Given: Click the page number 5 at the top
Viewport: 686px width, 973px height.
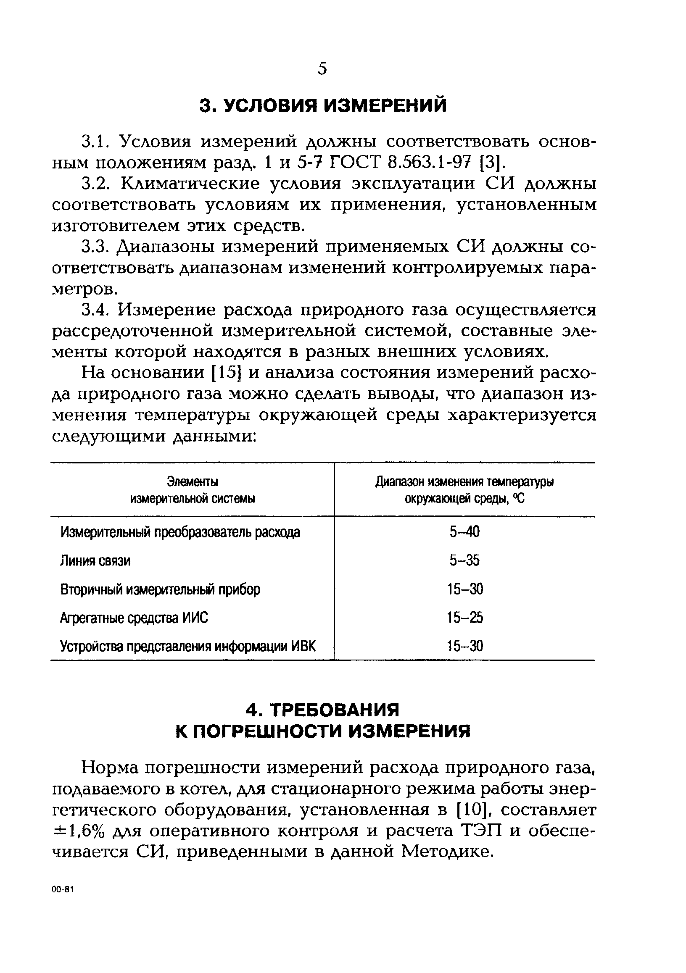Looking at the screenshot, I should tap(322, 68).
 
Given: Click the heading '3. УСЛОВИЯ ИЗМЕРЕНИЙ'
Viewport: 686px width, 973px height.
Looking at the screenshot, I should tap(323, 105).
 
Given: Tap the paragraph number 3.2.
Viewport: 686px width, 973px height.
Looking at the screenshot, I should tap(98, 184).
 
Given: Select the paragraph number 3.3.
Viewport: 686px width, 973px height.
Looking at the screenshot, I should tap(98, 247).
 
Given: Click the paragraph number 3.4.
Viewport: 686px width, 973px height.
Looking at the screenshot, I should tap(98, 310).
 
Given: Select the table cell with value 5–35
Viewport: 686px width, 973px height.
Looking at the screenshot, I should tap(464, 561).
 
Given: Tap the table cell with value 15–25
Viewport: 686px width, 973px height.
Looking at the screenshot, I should tap(464, 618).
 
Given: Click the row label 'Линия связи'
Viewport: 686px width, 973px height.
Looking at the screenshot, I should tap(95, 561).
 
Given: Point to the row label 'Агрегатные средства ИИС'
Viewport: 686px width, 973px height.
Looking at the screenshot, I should tap(135, 618).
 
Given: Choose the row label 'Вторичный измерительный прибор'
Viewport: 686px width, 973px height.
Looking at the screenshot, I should tap(160, 589).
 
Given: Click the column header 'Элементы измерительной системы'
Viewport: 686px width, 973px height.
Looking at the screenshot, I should tap(193, 490).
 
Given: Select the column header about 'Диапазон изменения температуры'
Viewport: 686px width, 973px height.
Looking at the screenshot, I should tap(464, 490).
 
